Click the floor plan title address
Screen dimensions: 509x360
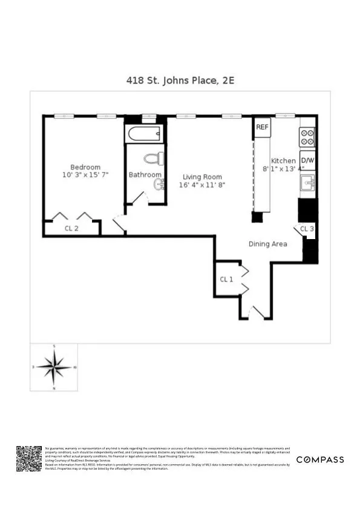point(180,79)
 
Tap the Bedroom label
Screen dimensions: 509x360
point(85,167)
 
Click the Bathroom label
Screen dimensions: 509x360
point(145,175)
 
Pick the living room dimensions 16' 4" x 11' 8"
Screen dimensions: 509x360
point(203,185)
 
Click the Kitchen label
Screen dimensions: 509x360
point(283,161)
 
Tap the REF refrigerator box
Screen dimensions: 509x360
point(262,127)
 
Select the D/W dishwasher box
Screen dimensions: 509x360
point(307,160)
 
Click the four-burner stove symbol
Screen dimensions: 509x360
point(307,137)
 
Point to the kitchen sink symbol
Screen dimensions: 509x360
point(307,182)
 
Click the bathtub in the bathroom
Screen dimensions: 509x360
point(144,134)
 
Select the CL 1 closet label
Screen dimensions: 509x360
point(227,279)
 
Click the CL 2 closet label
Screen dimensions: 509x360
point(71,228)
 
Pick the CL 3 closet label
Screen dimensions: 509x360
point(307,229)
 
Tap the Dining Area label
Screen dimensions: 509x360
point(268,244)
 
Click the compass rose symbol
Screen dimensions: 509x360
point(54,366)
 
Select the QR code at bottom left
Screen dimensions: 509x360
point(28,459)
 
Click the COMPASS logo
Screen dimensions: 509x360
point(320,459)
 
